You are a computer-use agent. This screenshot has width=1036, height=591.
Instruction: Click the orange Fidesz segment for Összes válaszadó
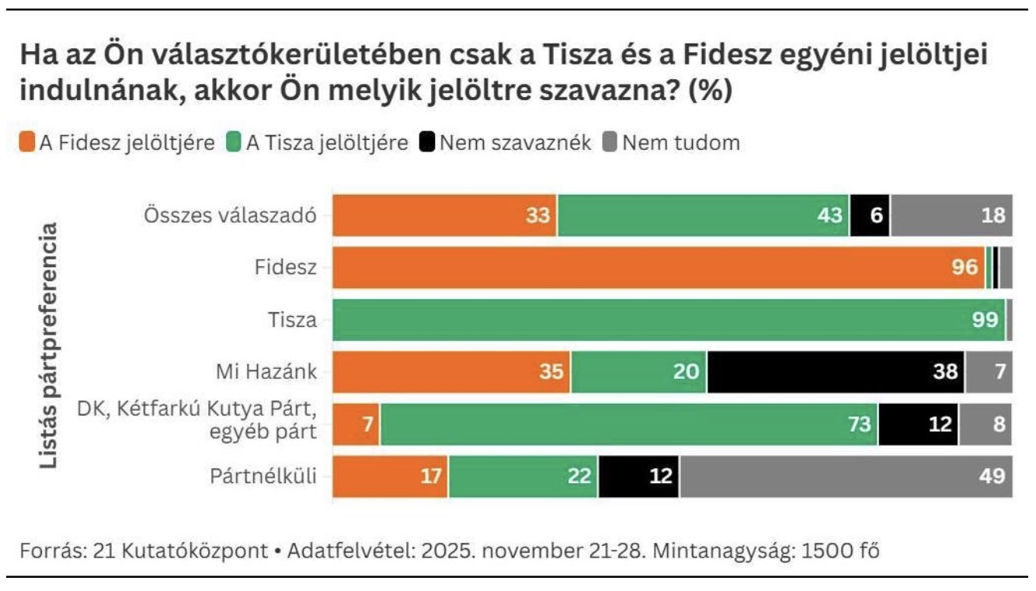tap(445, 215)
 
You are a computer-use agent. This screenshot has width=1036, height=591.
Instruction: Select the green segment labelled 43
tap(704, 215)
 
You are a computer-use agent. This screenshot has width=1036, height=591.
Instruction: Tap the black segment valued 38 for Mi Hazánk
tap(836, 371)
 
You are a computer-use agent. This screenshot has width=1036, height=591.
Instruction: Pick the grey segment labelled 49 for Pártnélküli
tap(847, 476)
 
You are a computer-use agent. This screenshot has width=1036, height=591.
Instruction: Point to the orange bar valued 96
tap(659, 267)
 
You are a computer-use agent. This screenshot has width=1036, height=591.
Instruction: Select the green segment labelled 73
tap(629, 424)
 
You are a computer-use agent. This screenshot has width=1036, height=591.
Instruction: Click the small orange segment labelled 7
tap(356, 424)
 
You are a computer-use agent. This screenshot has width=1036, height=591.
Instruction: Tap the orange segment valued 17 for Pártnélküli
tap(391, 476)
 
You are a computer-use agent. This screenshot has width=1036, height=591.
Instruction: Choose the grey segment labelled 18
tap(951, 215)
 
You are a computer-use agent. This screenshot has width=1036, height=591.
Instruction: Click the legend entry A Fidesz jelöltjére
tap(116, 143)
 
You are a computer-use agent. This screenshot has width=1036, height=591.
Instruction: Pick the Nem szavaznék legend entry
tap(506, 143)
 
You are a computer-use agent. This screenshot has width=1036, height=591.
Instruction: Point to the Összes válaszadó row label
tap(231, 215)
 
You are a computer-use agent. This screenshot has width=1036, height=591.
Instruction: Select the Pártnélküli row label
tap(264, 476)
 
